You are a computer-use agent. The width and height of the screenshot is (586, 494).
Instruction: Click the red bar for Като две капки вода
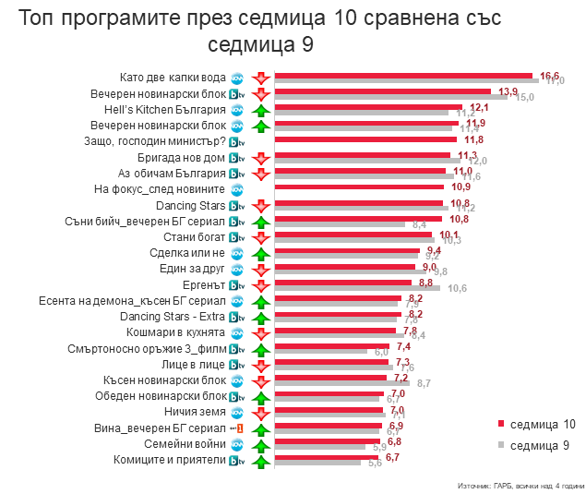[406, 76]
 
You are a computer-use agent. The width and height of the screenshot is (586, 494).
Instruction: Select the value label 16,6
[550, 76]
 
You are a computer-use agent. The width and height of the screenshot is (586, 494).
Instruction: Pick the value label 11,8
[474, 139]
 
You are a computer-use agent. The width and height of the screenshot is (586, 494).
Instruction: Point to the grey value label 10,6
[457, 288]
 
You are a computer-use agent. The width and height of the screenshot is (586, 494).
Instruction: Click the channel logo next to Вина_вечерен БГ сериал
[236, 428]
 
